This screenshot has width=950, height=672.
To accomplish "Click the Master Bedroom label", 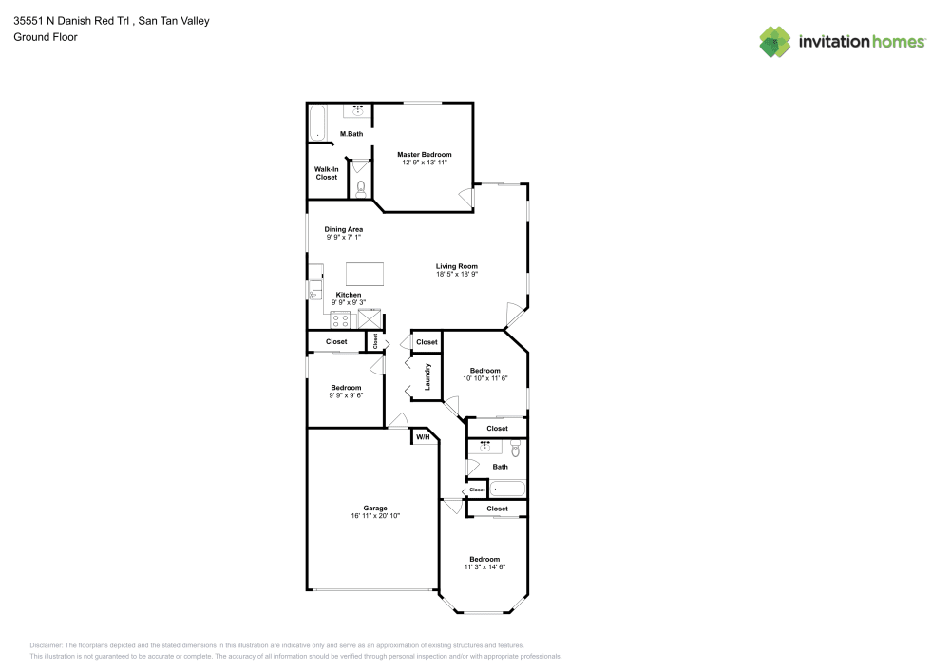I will click(424, 154).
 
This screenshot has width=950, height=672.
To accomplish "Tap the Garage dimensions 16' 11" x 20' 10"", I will click(375, 516).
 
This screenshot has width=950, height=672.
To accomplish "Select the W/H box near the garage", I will click(423, 437).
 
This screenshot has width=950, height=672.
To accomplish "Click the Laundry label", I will click(428, 376).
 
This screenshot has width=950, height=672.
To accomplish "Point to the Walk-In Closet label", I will click(326, 173).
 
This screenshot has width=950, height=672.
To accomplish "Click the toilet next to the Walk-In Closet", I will click(360, 188).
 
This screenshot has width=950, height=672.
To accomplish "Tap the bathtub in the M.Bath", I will click(318, 125).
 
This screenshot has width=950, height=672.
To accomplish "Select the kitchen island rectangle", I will click(366, 274).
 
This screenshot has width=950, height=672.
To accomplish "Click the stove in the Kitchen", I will click(342, 318).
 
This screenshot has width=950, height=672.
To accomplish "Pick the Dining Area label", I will click(343, 229).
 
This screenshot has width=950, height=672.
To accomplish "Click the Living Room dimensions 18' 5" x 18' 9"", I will click(456, 275).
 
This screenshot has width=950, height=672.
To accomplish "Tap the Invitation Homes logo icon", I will click(775, 41).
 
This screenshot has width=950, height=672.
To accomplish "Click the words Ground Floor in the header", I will click(46, 37).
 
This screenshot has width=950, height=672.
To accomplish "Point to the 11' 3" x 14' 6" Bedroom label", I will click(484, 559).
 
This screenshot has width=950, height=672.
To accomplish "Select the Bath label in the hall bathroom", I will click(500, 467).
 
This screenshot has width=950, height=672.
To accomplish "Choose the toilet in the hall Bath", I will click(516, 446).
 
